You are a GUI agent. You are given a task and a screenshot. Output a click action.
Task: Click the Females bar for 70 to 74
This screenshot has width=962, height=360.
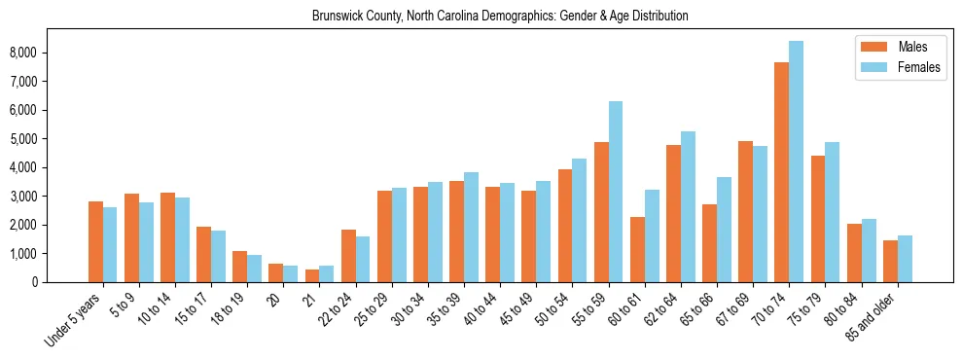796,162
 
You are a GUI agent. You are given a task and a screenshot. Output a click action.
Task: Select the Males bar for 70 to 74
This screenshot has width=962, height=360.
781,172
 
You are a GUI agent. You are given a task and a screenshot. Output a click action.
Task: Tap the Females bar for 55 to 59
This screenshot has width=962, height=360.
616,192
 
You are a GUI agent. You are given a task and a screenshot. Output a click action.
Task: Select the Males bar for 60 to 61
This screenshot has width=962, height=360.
637,249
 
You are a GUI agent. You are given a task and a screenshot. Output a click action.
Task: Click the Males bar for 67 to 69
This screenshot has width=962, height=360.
745,211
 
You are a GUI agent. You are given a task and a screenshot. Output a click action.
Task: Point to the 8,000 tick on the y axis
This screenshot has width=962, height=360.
51,53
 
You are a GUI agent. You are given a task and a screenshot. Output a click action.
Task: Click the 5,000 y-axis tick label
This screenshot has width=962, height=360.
51,139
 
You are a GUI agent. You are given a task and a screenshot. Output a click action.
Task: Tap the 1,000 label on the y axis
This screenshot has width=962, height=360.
51,254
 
